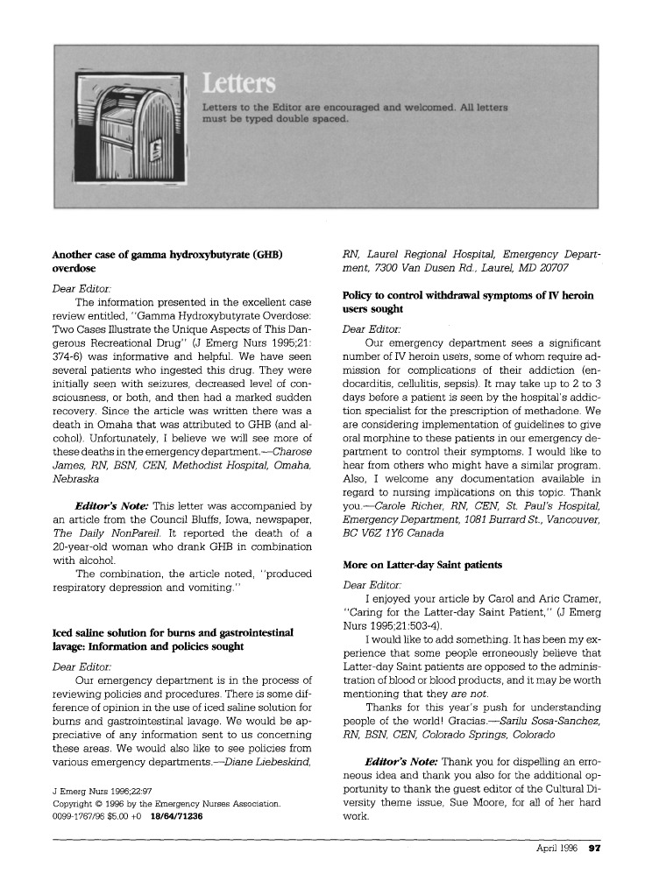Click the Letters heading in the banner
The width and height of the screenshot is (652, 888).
tap(238, 84)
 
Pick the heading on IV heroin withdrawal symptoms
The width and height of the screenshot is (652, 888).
tap(468, 302)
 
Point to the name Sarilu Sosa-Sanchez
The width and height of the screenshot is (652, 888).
tap(545, 720)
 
